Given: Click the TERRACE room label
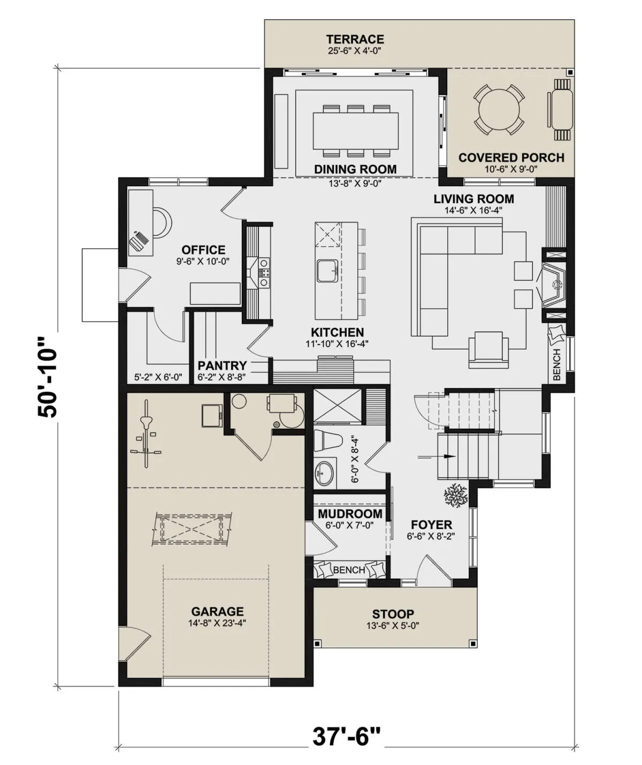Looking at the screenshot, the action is point(355,39).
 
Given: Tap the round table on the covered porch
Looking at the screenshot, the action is point(499,109).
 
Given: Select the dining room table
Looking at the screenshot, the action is point(355,131).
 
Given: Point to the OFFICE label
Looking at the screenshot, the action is point(203,250).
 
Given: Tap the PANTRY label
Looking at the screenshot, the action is point(222,365).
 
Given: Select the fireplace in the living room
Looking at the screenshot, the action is point(553,284).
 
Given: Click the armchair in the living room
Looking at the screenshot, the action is point(488,349).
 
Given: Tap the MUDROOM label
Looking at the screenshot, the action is point(350,514).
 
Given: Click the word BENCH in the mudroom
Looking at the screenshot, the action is point(349,570).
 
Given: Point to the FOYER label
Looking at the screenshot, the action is point(431,525).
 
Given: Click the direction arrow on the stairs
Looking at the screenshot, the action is point(437,456).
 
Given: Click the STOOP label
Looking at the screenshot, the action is point(393,614).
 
